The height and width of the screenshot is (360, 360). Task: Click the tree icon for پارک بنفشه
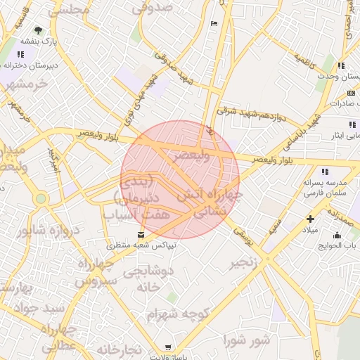tap(38, 30)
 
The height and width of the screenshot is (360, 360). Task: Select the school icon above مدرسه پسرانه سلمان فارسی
tap(324, 171)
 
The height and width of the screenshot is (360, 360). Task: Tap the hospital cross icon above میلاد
tap(310, 219)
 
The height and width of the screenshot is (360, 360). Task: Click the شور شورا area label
tap(247, 340)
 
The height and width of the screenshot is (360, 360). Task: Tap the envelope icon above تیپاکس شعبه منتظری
tap(142, 234)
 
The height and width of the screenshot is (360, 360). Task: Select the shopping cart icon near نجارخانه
tap(168, 347)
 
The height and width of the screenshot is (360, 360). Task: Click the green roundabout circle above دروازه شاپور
tap(41, 200)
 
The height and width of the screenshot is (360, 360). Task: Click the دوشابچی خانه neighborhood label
tap(148, 279)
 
